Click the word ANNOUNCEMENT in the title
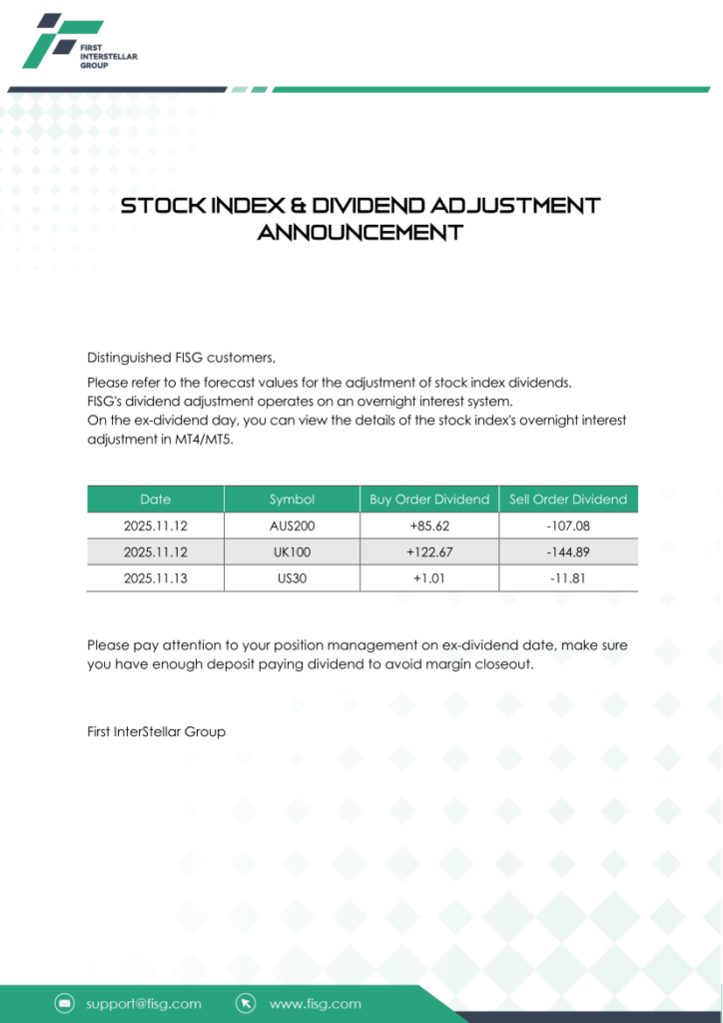[x=361, y=233]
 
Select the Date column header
[x=155, y=500]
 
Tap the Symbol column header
[x=292, y=500]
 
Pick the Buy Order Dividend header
[x=429, y=500]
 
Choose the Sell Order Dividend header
[x=568, y=500]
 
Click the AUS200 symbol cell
[x=292, y=525]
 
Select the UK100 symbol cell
[x=292, y=551]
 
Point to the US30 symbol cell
[x=292, y=577]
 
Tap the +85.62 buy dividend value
[x=429, y=525]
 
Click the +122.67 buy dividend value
[x=429, y=551]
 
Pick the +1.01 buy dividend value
[x=429, y=577]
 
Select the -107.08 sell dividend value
[x=568, y=525]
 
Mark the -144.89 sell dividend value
[x=568, y=551]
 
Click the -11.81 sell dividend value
[x=568, y=577]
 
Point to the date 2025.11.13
[x=155, y=577]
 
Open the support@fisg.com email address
[x=143, y=1003]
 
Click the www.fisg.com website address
[x=315, y=1003]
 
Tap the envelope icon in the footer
[x=65, y=1003]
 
